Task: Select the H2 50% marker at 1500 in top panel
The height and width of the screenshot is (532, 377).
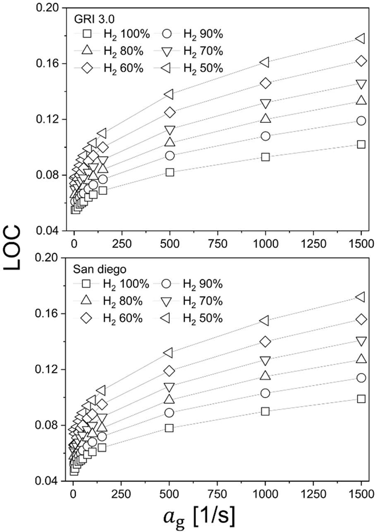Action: coord(361,38)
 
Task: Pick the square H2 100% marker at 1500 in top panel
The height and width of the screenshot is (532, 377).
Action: coord(361,144)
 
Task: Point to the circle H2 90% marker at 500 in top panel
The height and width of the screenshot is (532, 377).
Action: coord(170,155)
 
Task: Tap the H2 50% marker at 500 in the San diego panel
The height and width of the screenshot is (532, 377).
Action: coord(168,352)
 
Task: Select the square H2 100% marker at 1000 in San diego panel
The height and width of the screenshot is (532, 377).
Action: coord(265,411)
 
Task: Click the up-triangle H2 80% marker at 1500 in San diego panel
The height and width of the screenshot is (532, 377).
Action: coord(361,359)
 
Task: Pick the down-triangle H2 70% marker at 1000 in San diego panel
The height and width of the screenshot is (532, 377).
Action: coord(265,361)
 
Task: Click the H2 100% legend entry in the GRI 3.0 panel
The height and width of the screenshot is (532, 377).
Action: coord(113,34)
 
